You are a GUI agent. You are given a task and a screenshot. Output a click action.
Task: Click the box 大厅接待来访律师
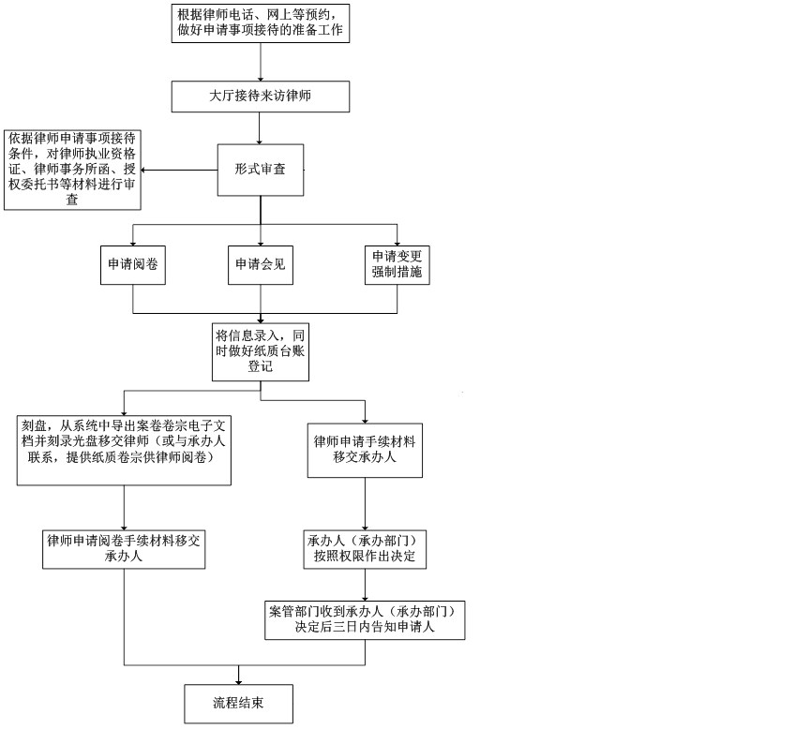point(261,96)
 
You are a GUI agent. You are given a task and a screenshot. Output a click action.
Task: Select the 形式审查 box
point(261,170)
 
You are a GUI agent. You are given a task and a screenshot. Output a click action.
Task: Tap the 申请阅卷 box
point(133,265)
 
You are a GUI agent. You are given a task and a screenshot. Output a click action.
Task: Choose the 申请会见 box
point(261,265)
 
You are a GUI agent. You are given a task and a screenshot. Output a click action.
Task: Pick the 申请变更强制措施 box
point(397,265)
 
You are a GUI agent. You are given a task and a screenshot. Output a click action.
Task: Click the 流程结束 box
point(239,704)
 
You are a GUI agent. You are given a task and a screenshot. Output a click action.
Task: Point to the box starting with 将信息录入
point(261,352)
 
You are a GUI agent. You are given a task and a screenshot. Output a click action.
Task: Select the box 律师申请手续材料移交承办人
point(365,450)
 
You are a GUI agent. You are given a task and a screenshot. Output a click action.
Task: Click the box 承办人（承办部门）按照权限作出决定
point(365,549)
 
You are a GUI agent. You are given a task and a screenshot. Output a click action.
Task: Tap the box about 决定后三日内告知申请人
point(365,620)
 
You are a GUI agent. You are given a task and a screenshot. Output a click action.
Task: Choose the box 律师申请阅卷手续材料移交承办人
point(124,549)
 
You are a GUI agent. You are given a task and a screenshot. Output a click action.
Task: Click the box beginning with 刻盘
point(124,450)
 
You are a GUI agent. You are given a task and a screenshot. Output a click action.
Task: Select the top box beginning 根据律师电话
point(261,23)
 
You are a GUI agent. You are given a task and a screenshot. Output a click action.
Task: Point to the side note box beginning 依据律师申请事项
point(72,170)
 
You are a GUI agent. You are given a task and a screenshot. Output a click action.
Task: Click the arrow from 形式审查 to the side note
point(179,170)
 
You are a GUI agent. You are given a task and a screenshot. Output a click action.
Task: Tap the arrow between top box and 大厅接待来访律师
point(260,62)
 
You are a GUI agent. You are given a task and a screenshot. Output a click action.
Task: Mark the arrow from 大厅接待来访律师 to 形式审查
point(260,128)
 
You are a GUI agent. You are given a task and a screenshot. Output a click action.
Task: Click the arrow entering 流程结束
point(239,675)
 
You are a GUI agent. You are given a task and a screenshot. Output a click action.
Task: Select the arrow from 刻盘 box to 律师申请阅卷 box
point(124,508)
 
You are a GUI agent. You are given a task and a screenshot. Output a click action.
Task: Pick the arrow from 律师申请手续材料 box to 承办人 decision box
point(366,503)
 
